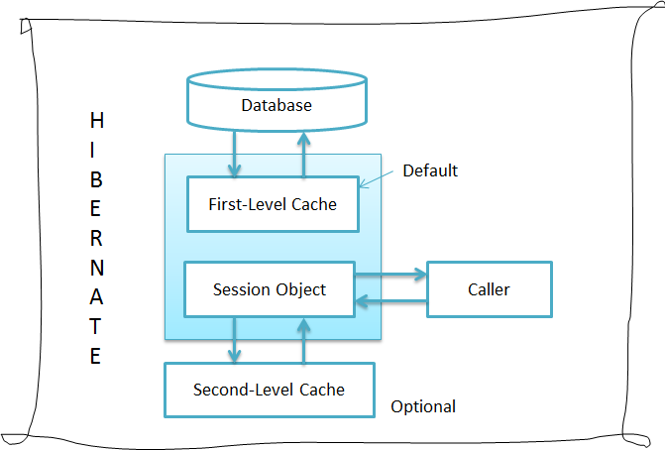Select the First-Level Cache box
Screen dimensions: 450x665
pos(272,204)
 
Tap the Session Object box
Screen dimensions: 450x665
pos(269,289)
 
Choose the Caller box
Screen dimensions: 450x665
pos(489,289)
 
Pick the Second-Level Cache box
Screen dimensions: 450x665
pos(269,390)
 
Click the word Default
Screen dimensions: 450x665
pos(430,170)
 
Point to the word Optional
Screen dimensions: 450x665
pos(423,406)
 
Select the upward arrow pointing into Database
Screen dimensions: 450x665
pos(304,153)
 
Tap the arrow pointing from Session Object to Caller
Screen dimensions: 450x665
pos(390,276)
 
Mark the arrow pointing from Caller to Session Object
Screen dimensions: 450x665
pos(390,301)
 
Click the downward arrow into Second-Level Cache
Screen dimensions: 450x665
pos(235,340)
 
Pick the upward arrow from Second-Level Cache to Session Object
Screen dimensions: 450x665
pos(304,340)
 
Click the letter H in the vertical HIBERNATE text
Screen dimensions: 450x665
pos(96,121)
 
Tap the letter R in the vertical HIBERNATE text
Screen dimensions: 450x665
pos(96,239)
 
